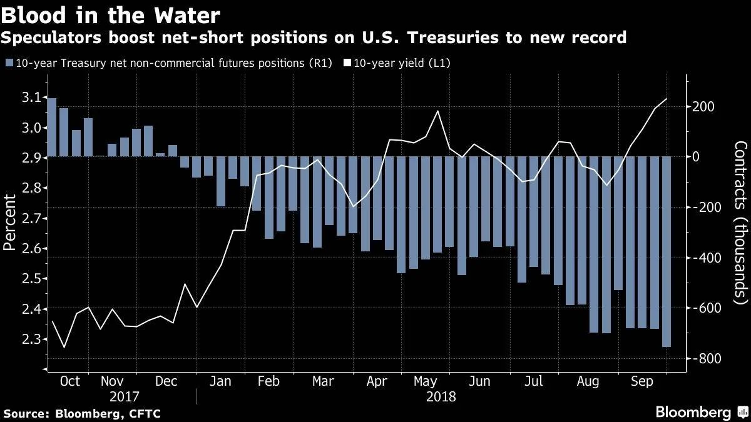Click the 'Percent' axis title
(11, 222)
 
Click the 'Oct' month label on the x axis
(69, 381)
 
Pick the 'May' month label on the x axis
(425, 381)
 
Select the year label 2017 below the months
(124, 396)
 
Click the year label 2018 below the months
(441, 396)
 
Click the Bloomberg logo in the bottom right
(693, 412)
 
